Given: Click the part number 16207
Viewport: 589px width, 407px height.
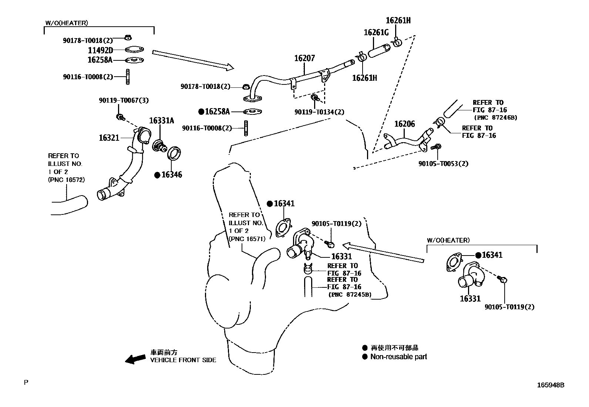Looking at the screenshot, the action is click(304, 58).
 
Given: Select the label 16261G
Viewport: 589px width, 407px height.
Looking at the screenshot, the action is click(376, 32).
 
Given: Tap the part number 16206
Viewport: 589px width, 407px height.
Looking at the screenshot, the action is click(404, 124).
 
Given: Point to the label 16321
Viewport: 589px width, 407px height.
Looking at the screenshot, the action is click(109, 138).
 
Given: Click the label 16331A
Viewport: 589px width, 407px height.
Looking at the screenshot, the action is click(161, 121).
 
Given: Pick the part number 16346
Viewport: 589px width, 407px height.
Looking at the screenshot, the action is click(172, 174).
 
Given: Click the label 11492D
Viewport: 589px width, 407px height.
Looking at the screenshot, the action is click(100, 50).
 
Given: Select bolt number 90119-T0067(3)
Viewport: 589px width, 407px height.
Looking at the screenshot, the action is click(124, 100).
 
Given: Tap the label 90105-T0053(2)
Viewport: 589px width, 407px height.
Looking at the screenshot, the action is click(443, 163).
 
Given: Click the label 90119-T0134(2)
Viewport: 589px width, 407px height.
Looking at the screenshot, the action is click(319, 112).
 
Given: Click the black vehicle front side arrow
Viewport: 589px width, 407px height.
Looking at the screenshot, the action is click(135, 358).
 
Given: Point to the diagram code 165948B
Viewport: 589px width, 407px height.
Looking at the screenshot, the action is click(551, 385).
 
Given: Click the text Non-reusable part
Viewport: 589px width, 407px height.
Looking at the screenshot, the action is click(398, 357).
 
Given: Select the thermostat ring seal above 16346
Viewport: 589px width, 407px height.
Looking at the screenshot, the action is click(174, 153).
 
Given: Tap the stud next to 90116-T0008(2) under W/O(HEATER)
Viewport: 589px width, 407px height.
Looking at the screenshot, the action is click(128, 77).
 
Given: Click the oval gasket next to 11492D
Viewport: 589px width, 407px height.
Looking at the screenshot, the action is click(134, 50).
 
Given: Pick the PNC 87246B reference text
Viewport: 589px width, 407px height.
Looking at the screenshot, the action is click(496, 117).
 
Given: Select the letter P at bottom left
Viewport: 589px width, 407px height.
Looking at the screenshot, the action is click(26, 382).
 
